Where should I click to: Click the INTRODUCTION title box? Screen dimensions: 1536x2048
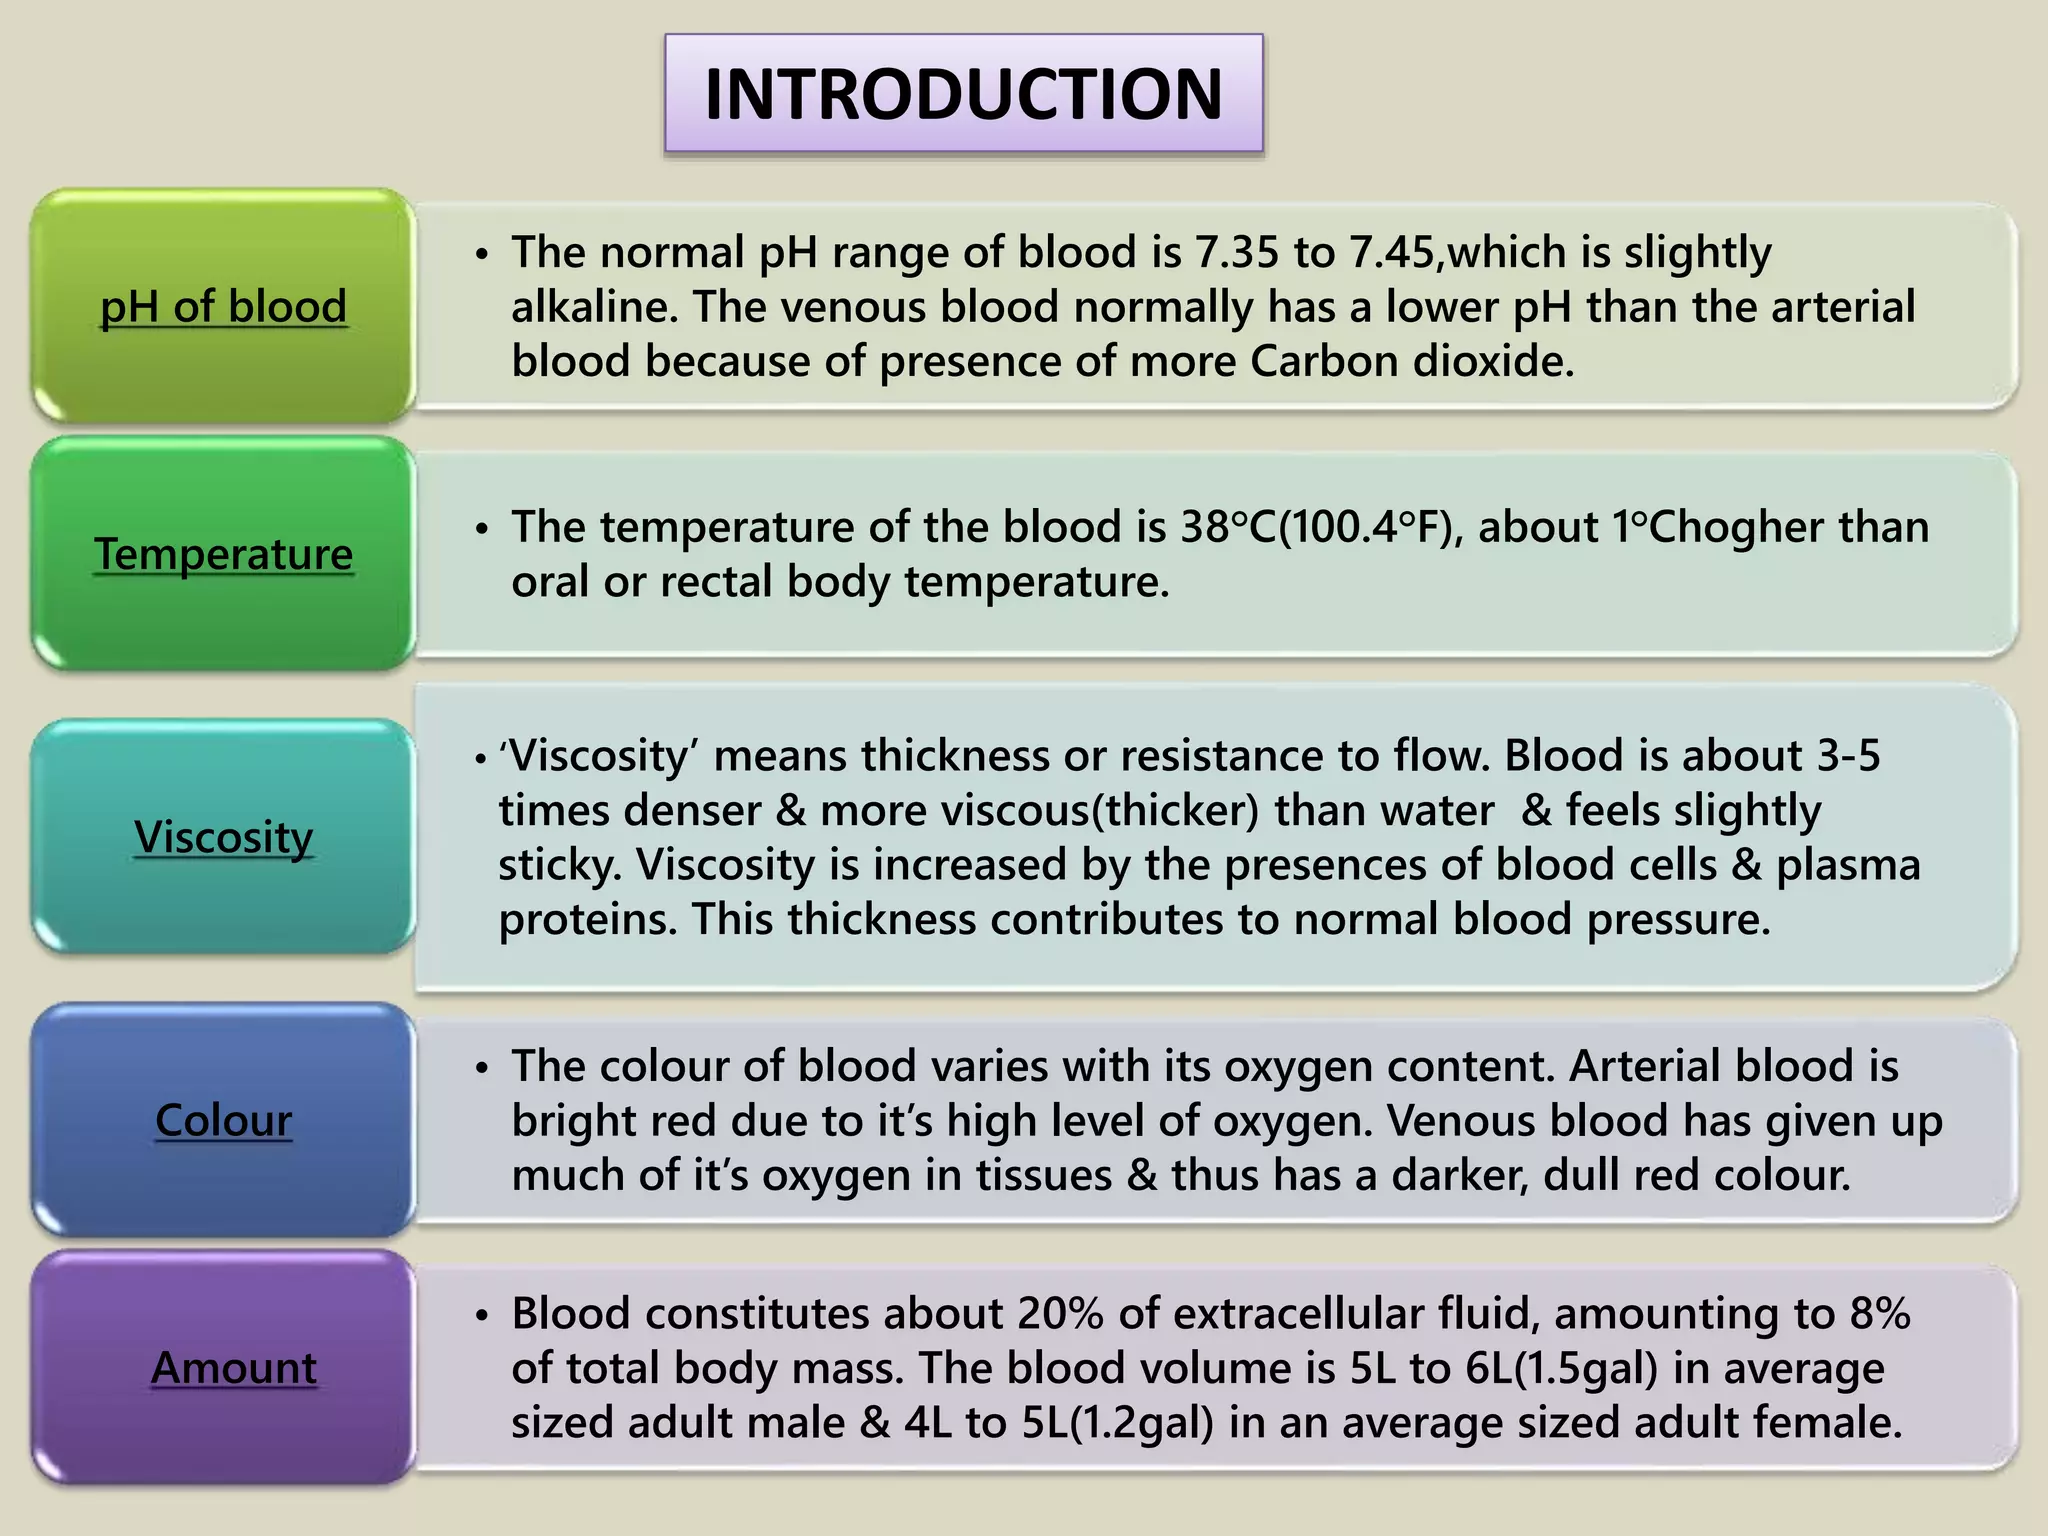(963, 93)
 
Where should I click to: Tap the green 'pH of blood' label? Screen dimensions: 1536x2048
(223, 306)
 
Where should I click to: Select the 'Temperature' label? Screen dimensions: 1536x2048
(223, 554)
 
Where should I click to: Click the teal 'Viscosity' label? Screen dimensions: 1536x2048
(223, 837)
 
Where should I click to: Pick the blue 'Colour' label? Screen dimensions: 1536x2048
(223, 1120)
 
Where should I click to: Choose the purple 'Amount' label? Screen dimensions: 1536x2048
(233, 1368)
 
